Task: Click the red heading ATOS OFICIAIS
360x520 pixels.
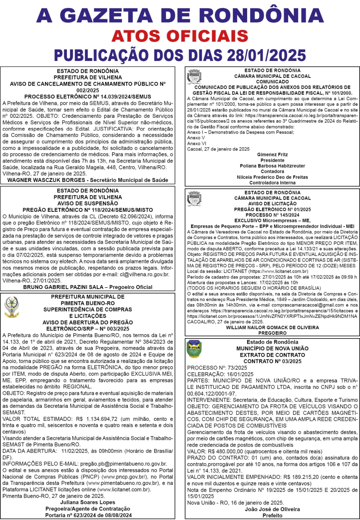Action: [179, 36]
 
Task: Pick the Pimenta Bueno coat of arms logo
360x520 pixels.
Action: [11, 307]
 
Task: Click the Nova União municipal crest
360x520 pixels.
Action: [194, 349]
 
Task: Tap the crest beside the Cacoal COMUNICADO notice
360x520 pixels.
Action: [194, 77]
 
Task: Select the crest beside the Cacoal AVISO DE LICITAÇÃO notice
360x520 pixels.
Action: [194, 199]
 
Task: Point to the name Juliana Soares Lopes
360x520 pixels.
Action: [87, 503]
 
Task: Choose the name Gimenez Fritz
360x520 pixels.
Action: [272, 155]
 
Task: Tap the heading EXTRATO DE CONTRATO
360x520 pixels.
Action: [272, 354]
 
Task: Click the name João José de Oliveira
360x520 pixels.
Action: [272, 509]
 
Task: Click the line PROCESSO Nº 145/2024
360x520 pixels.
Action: [272, 215]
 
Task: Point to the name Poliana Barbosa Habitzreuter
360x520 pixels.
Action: [272, 166]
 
